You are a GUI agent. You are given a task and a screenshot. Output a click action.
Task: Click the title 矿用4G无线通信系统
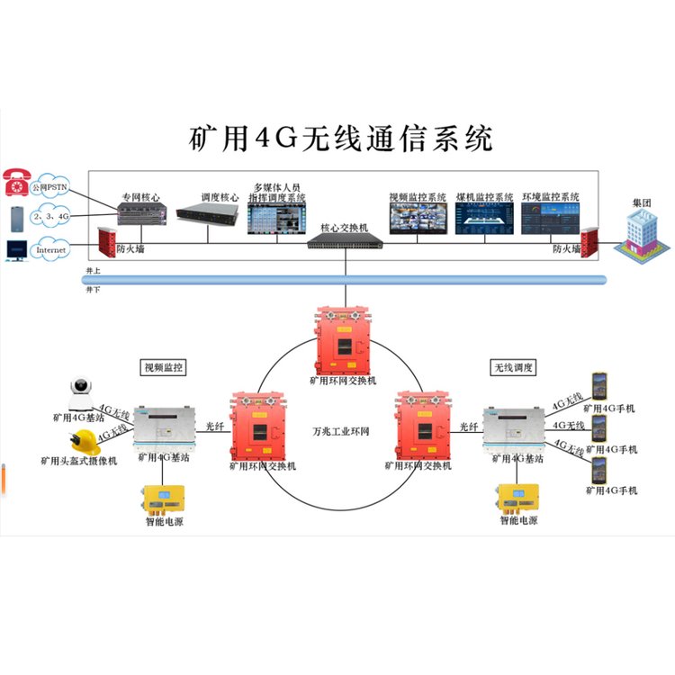[x=341, y=139]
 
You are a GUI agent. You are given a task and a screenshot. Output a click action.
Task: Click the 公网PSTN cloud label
[x=50, y=188]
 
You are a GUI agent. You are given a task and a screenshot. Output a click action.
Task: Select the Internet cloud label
[x=50, y=248]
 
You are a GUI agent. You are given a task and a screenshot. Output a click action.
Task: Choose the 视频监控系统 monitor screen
[x=417, y=217]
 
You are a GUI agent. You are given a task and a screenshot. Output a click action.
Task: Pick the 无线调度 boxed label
[x=513, y=367]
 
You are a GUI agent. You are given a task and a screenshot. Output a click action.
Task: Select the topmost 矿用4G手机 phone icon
[x=598, y=385]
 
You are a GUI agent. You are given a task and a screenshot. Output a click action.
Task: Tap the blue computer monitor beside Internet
[x=16, y=249]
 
